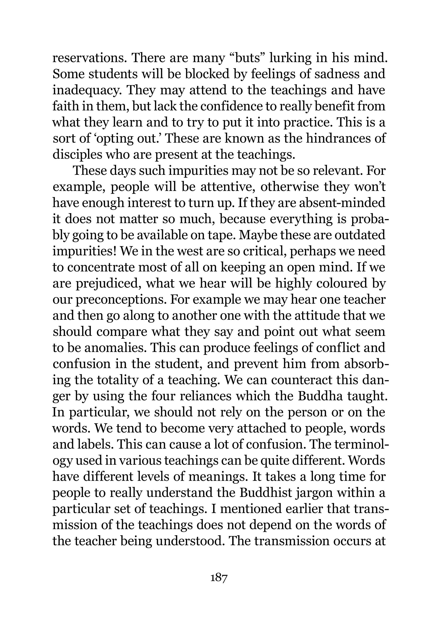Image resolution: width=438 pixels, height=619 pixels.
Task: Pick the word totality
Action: [x=115, y=380]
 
